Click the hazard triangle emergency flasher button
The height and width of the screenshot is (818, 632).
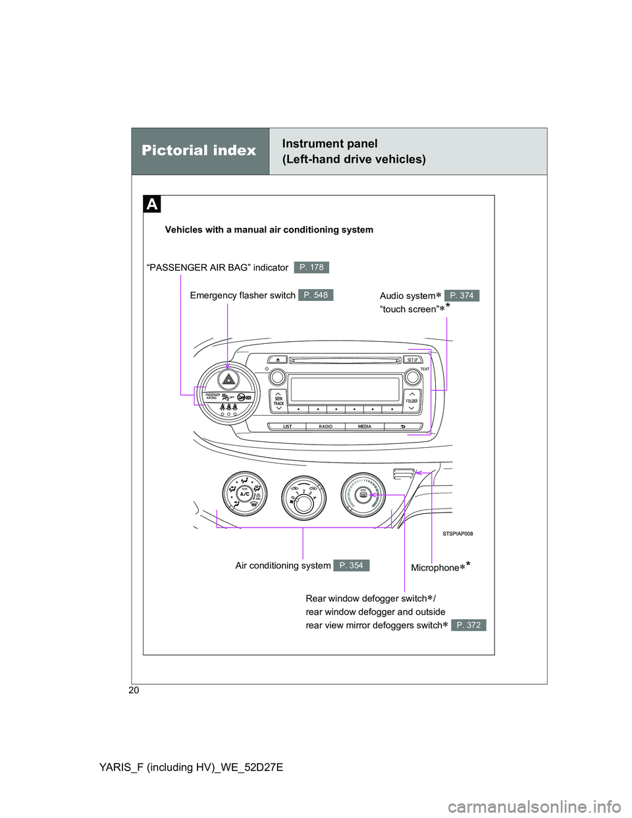coord(228,379)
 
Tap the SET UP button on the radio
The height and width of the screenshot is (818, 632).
coord(412,360)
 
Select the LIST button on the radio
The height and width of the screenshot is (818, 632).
coord(288,427)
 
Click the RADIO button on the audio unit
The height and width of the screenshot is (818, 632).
coord(325,427)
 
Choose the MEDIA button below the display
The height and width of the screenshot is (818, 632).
coord(365,427)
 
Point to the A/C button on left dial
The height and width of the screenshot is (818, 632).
coord(244,494)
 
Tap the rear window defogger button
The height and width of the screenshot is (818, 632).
coord(362,495)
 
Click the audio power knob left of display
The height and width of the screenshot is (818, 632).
coord(277,377)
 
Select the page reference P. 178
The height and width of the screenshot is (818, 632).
coord(311,267)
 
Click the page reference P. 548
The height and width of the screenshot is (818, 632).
coord(315,295)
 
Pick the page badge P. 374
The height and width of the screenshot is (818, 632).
coord(461,296)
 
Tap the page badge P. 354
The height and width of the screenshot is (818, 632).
coord(351,566)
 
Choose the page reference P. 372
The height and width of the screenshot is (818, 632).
coord(468,625)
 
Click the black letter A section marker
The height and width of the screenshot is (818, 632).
coord(152,204)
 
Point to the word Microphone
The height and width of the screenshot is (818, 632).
coord(434,568)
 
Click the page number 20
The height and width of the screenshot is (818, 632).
coord(134,690)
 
